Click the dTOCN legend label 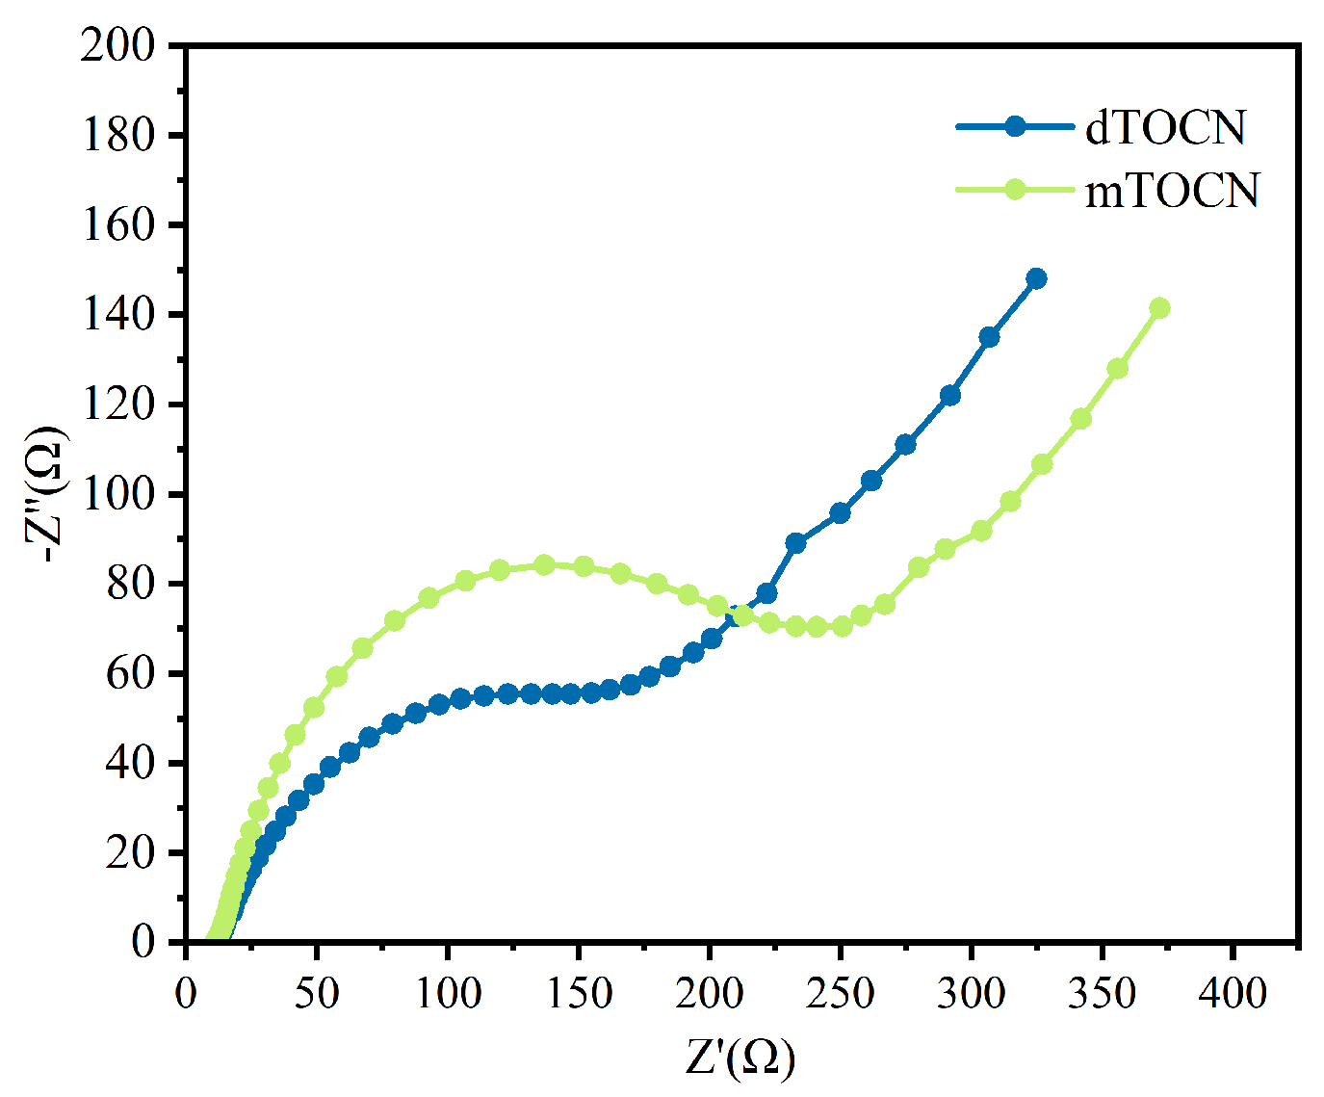[1165, 127]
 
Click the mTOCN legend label [1172, 191]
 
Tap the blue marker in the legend [1014, 126]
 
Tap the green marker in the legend [1014, 190]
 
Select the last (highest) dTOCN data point [1036, 278]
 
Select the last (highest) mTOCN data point [1159, 308]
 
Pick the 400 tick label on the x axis [1233, 992]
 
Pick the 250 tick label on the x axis [841, 992]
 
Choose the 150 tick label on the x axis [578, 992]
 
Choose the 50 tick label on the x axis [316, 992]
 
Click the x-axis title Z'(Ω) [740, 1057]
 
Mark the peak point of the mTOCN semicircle [544, 564]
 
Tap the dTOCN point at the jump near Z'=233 [795, 543]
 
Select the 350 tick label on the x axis [1103, 992]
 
